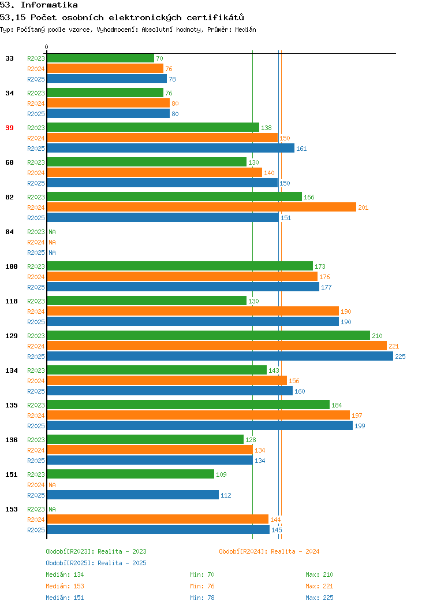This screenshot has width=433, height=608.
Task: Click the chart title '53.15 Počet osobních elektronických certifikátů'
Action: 122,17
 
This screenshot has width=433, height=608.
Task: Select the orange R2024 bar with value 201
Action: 201,207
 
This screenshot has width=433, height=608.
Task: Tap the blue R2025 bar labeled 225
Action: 220,356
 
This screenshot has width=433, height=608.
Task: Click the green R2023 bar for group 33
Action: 100,58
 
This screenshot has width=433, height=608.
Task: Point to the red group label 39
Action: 9,128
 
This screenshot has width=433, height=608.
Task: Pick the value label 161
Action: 301,149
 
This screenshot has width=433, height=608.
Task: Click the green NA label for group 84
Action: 53,232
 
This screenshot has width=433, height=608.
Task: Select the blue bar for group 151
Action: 133,495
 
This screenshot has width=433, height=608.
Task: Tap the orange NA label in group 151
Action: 53,485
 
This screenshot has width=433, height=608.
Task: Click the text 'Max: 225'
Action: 319,598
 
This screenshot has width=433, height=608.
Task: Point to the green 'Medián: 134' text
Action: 65,574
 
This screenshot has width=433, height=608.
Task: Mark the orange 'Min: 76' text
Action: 202,586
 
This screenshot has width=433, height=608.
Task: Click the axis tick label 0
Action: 47,47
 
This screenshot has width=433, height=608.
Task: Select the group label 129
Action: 11,336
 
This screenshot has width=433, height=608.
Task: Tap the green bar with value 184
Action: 188,405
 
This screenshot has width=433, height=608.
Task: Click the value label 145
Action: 277,530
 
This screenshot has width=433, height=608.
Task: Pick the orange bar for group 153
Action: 158,519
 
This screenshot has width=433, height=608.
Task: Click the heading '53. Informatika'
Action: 39,5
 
